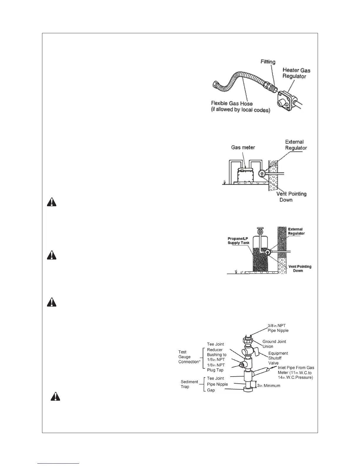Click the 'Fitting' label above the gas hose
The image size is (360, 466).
268,62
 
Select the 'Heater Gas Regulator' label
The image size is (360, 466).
296,73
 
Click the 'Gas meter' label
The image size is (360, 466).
243,147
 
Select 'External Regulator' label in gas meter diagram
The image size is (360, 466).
296,145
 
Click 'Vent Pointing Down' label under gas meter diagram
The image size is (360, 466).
291,197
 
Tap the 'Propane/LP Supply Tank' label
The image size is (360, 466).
239,241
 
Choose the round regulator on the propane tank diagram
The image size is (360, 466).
267,252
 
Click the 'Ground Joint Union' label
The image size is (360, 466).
274,344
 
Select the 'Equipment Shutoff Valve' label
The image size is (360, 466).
278,358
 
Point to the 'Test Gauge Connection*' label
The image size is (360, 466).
189,357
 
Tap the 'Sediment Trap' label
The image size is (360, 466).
189,384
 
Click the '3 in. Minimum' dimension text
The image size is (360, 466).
269,385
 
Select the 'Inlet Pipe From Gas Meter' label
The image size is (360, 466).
296,372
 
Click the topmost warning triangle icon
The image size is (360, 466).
52,202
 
